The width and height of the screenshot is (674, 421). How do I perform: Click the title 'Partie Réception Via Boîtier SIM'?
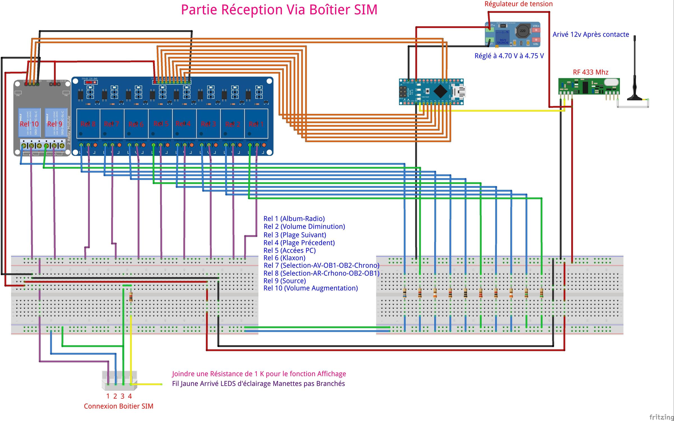click(279, 10)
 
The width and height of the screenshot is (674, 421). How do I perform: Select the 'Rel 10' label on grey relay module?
click(29, 124)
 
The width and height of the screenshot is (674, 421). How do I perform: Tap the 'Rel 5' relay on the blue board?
click(161, 124)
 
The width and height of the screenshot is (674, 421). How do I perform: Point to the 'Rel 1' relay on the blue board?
click(256, 124)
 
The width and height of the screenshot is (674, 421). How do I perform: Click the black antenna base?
click(634, 98)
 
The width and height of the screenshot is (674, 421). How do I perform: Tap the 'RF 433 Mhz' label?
click(590, 72)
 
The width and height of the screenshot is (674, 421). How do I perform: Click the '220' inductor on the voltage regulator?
click(522, 31)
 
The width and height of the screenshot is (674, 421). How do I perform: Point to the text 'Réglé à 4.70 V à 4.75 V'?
click(509, 56)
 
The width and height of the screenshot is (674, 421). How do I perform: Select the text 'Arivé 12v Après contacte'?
click(591, 34)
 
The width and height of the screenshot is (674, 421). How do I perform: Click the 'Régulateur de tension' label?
click(518, 4)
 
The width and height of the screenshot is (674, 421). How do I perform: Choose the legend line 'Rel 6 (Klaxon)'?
click(284, 258)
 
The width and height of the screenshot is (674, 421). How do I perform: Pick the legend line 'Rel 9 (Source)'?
click(284, 281)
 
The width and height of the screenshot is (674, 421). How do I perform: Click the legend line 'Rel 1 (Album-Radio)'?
click(294, 219)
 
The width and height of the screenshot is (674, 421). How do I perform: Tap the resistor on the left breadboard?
click(131, 297)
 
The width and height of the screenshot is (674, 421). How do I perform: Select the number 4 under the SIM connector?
click(130, 396)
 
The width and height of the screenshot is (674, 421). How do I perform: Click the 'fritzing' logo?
click(661, 417)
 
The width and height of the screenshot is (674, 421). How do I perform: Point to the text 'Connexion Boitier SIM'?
click(119, 406)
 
